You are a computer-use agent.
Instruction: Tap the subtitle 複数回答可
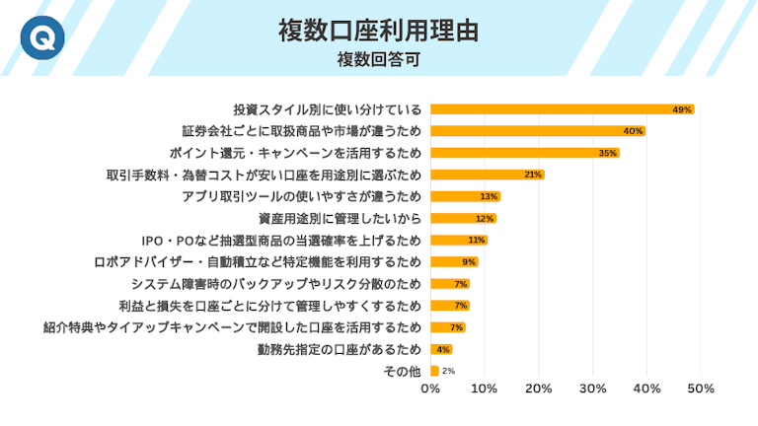379,59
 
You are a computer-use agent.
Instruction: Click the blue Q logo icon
39,38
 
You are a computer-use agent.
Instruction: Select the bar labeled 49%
562,109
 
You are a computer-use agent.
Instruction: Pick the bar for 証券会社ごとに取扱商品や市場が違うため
538,131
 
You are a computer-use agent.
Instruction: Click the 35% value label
608,153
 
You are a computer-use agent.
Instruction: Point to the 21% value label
533,175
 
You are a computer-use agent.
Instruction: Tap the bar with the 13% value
465,196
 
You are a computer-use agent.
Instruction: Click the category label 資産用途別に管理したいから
340,218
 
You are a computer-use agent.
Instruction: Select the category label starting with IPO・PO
282,240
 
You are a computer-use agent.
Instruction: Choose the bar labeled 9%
454,262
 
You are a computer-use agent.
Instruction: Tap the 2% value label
448,371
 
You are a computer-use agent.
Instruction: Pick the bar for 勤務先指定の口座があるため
441,349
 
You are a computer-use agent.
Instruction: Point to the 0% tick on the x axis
430,390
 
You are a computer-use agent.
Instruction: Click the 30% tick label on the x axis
592,390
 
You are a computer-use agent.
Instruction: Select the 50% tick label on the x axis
700,390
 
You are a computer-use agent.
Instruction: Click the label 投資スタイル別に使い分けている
327,109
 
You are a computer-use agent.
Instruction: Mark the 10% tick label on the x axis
485,390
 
